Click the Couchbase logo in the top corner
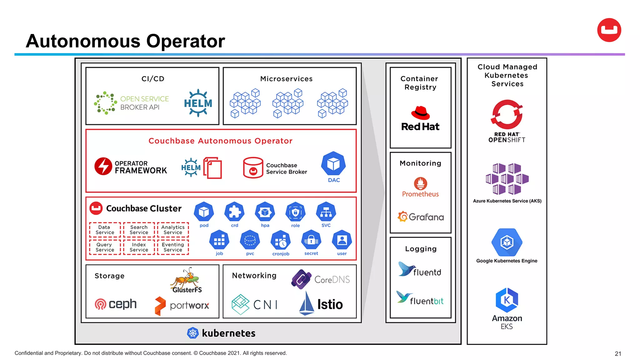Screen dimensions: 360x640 tap(609, 30)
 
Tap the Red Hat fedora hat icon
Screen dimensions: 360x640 tap(420, 113)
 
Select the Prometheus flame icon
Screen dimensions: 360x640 tap(420, 183)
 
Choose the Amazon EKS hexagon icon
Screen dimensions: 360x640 tap(507, 300)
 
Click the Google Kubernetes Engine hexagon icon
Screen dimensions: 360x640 tap(507, 242)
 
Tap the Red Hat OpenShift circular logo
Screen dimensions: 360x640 tap(507, 114)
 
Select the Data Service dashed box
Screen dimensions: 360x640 tap(105, 230)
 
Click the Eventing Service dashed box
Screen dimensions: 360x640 tap(173, 247)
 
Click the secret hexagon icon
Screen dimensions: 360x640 tap(311, 240)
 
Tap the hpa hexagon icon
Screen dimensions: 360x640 tap(265, 212)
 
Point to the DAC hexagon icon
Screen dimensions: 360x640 tap(333, 163)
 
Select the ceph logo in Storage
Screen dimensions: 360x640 tap(115, 304)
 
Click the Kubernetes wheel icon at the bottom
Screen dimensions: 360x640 tap(192, 333)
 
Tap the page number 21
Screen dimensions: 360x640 tap(618, 353)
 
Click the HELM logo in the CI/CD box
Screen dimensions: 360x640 tap(198, 103)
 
